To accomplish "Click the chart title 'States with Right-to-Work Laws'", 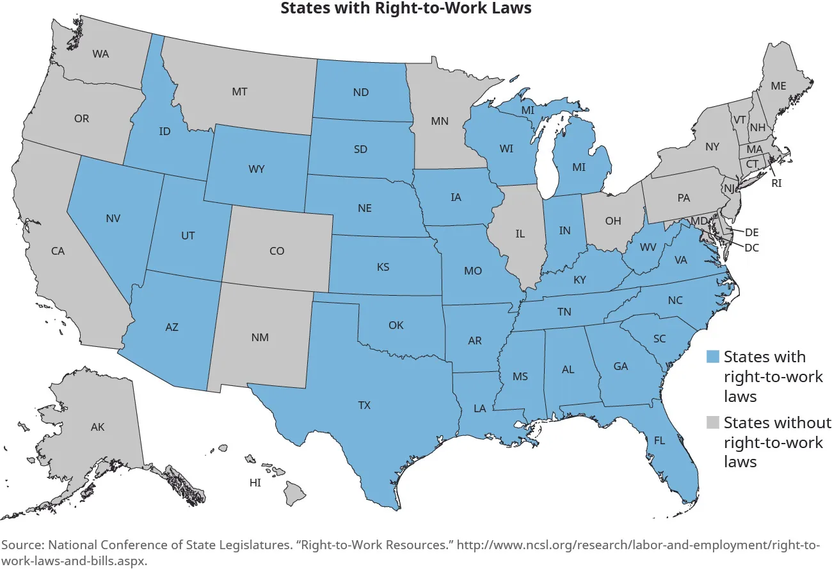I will pos(406,8).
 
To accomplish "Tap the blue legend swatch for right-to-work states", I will pos(712,357).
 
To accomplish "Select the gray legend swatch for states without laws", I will pos(712,422).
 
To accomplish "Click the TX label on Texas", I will pos(364,405).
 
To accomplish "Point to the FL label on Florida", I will pos(659,440).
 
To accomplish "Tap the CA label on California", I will pos(58,252).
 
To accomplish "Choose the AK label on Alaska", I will pos(97,427).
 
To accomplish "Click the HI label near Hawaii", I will pos(255,483).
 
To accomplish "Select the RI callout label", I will pos(776,182).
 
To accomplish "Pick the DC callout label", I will pos(752,248).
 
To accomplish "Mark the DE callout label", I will pos(752,232).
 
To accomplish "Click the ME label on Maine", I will pos(778,86).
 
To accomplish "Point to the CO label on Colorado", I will pos(276,252).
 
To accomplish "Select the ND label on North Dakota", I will pos(360,92).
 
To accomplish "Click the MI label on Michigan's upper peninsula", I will pos(527,111).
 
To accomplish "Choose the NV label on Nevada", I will pos(113,218).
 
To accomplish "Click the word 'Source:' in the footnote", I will pos(22,545).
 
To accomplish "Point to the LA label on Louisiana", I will pos(479,408).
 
